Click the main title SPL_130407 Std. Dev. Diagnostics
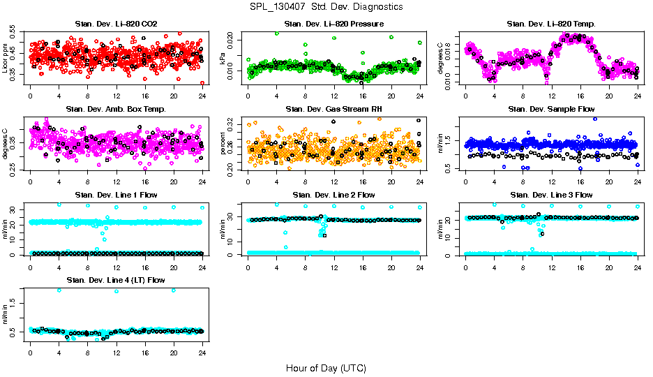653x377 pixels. (326, 6)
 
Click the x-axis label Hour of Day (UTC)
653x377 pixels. (326, 367)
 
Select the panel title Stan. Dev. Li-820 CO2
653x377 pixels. (116, 24)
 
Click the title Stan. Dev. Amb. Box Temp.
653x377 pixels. (116, 110)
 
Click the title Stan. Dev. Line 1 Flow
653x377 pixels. (116, 195)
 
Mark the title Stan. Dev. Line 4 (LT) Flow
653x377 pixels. (116, 280)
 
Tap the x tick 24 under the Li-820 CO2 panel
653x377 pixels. (202, 96)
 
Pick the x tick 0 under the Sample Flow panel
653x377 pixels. (465, 181)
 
